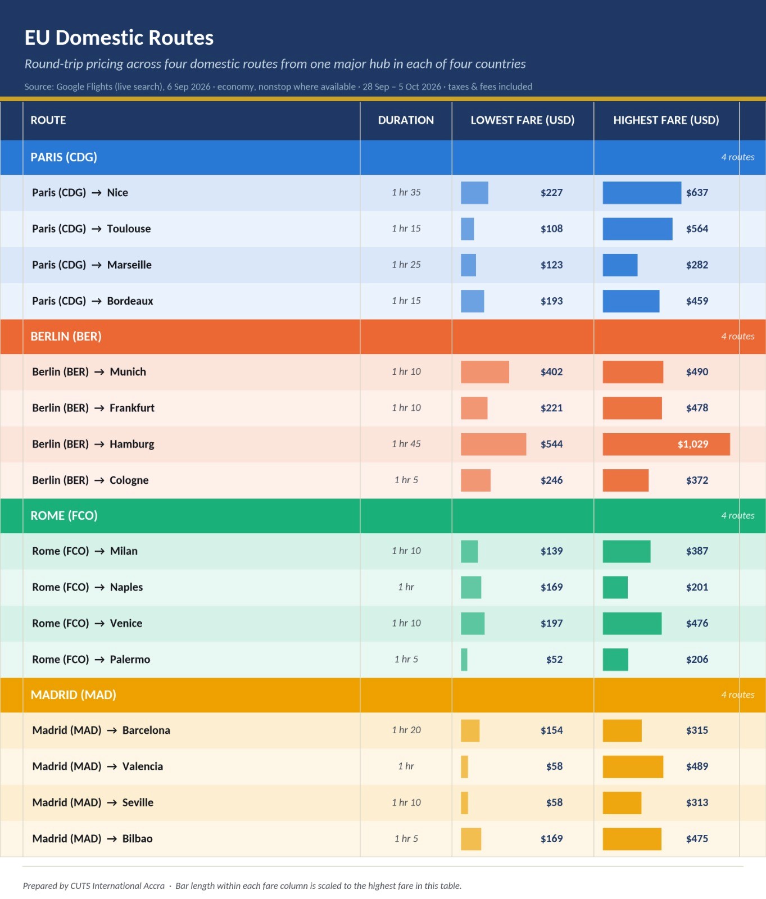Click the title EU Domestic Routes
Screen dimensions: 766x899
point(119,38)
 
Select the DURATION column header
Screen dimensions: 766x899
point(406,120)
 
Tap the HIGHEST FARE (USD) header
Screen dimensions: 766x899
point(666,120)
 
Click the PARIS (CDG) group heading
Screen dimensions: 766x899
point(64,157)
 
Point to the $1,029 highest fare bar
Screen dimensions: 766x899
point(666,444)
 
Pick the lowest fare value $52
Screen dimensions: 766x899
point(554,660)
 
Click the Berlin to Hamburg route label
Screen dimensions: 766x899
point(93,444)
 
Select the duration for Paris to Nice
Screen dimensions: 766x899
point(406,192)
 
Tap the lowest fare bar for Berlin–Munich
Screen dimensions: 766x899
point(485,372)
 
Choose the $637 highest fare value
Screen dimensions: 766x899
point(697,193)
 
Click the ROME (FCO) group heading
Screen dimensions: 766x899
point(64,516)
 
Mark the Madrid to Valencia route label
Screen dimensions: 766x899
point(98,766)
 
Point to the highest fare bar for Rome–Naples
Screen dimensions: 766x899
point(615,587)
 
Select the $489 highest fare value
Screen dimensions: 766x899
point(697,766)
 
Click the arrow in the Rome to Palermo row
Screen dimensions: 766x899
point(99,660)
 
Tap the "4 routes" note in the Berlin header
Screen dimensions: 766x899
point(738,336)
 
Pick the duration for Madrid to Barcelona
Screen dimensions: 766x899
point(406,730)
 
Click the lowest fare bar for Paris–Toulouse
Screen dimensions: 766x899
point(468,229)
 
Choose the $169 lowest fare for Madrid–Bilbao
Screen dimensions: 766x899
point(551,839)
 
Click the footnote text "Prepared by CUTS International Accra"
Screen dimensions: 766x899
point(94,886)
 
